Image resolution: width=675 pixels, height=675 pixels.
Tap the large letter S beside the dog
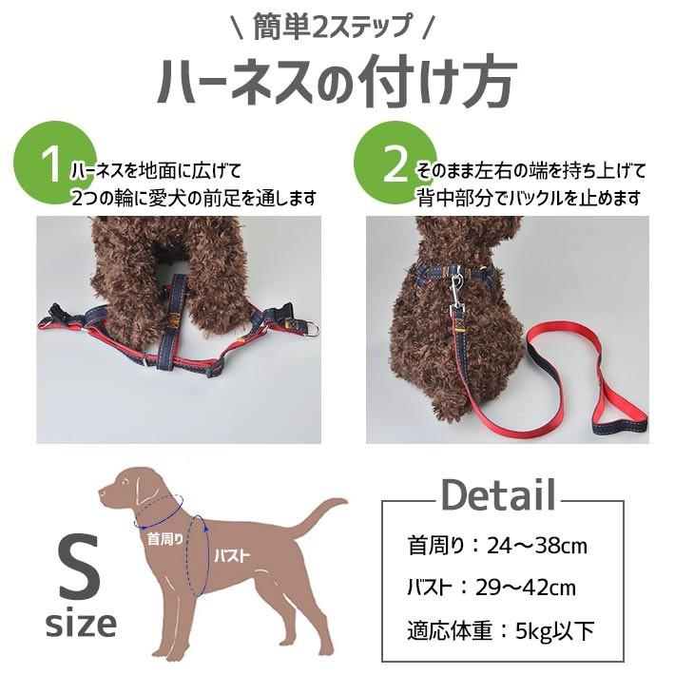80,568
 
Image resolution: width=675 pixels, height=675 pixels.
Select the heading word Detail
498,495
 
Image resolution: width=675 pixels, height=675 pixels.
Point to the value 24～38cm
537,547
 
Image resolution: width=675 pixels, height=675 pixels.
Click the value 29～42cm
525,588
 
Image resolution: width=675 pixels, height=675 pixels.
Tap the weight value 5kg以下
555,630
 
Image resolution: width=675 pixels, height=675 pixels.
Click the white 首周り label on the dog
165,538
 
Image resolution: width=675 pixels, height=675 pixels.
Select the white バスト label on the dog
232,556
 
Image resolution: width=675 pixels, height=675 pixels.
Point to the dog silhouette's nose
101,492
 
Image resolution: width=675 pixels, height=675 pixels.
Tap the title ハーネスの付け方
337,83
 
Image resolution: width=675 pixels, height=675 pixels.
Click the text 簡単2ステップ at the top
333,27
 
